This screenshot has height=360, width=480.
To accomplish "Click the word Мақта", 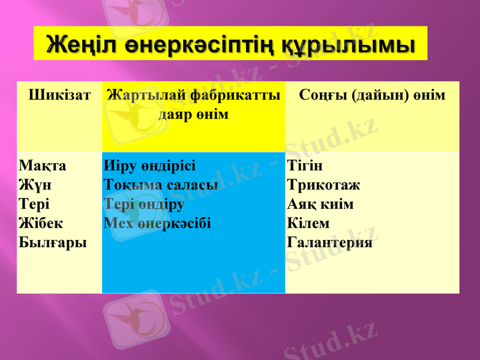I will pos(43,165).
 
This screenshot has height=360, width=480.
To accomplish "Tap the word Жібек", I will pos(41,223).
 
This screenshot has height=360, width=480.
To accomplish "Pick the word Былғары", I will pos(52,243).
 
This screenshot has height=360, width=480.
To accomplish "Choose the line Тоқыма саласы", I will pos(161,185).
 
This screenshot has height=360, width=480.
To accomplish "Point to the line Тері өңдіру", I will pos(144,204).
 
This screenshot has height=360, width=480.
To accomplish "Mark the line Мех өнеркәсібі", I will pos(157,223).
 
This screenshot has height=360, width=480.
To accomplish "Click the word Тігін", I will pos(305,165).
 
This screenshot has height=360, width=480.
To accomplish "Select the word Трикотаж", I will pos(324,185).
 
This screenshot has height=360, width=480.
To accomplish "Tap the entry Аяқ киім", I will pos(320,204).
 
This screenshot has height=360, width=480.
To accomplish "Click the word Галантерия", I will pos(330,243).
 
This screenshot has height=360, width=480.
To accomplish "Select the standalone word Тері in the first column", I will pos(34,204).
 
